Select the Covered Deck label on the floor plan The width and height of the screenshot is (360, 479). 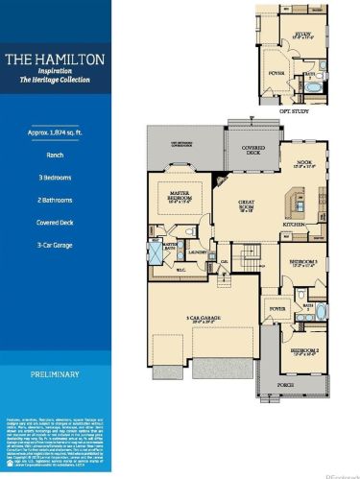(x=248, y=152)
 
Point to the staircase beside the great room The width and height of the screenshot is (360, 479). (x=251, y=254)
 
